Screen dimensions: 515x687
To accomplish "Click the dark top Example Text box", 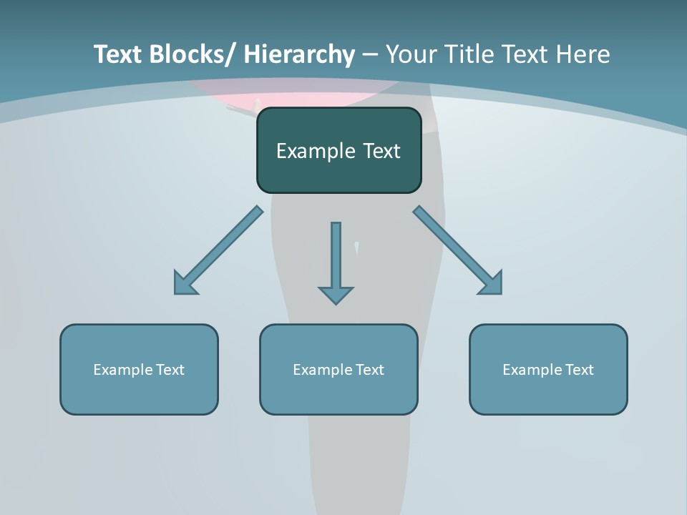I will [x=338, y=150].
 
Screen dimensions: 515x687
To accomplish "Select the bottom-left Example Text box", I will [x=139, y=369].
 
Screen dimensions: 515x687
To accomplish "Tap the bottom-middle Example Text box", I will [x=338, y=369].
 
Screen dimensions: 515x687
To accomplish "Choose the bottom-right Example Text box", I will [x=548, y=369].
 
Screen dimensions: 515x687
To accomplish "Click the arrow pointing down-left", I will [x=218, y=250].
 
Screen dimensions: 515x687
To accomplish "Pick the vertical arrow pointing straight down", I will [x=336, y=262].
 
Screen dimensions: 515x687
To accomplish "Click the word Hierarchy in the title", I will [x=299, y=54].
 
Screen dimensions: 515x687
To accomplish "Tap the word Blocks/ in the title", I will [x=194, y=54].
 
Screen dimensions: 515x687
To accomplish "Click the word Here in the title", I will [x=583, y=54].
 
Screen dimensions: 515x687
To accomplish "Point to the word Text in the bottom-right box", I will [x=578, y=370].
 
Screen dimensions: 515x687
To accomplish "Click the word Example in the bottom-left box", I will [x=123, y=370].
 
